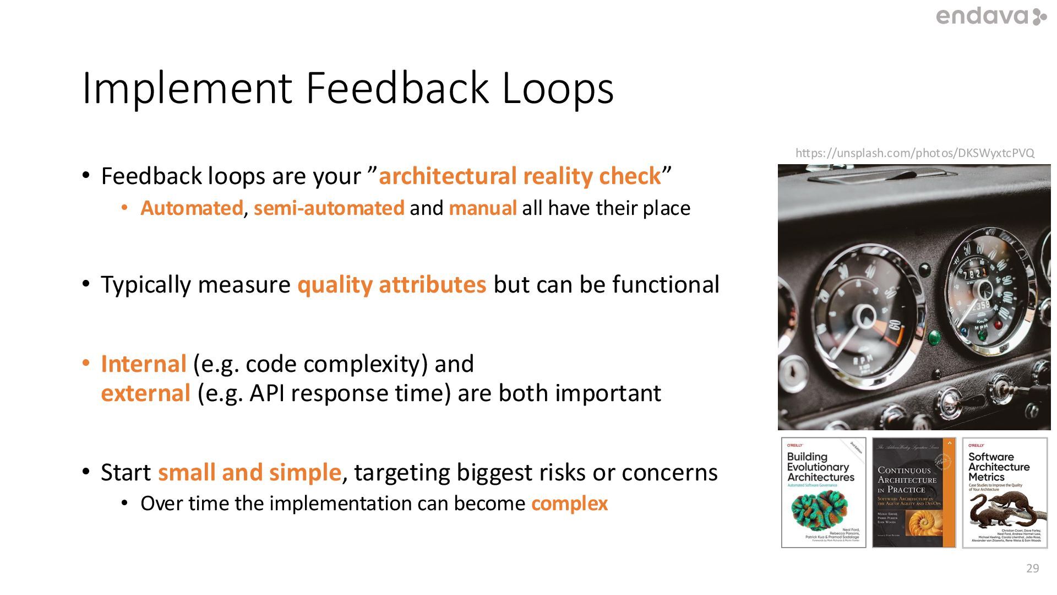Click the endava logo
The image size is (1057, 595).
pyautogui.click(x=990, y=17)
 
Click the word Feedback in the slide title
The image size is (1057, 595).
pyautogui.click(x=397, y=88)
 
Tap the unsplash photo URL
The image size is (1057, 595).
pyautogui.click(x=914, y=153)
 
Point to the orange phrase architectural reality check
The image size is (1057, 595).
pyautogui.click(x=519, y=176)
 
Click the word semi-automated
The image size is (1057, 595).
pyautogui.click(x=329, y=208)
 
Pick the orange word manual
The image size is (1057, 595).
pyautogui.click(x=482, y=208)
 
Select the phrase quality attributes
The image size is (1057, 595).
pyautogui.click(x=391, y=285)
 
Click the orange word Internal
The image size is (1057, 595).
pyautogui.click(x=144, y=364)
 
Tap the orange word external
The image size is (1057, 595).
pyautogui.click(x=145, y=393)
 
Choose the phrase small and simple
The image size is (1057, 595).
pyautogui.click(x=249, y=473)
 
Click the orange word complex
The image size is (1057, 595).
pyautogui.click(x=569, y=504)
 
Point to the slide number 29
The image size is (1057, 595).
pyautogui.click(x=1032, y=569)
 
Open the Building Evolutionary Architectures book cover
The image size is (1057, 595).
pyautogui.click(x=823, y=493)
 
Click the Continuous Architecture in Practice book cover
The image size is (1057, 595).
pyautogui.click(x=914, y=493)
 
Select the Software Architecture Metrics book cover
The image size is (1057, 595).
pyautogui.click(x=1005, y=493)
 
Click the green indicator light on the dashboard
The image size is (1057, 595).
pyautogui.click(x=934, y=336)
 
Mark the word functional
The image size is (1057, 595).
pyautogui.click(x=666, y=285)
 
